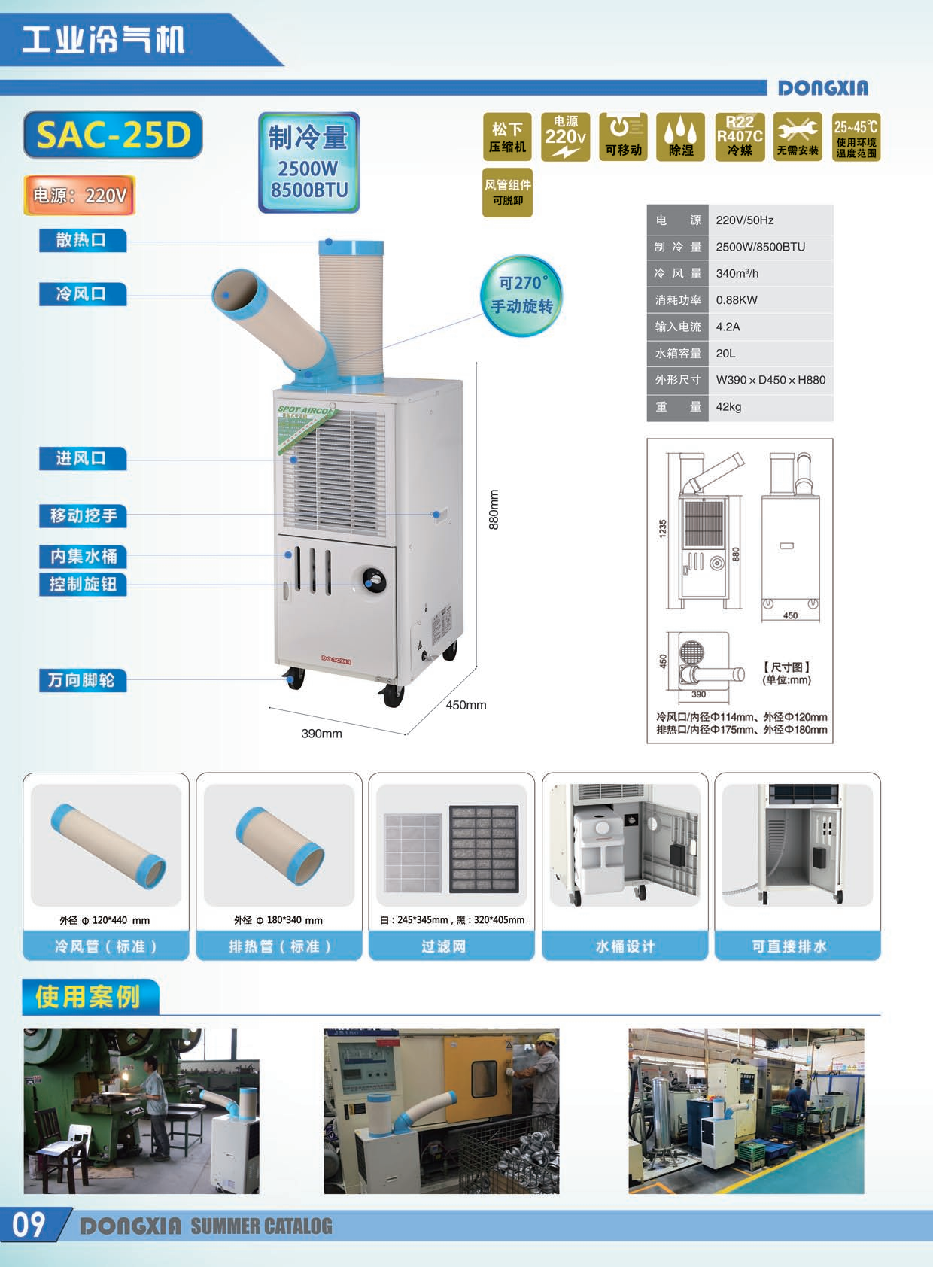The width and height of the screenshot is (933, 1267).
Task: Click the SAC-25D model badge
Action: (113, 135)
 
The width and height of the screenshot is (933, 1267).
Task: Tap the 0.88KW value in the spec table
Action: (737, 300)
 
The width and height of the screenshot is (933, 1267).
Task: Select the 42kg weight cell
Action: (728, 407)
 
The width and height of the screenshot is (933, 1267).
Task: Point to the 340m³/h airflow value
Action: (737, 274)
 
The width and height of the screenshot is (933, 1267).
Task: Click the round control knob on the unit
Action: (373, 580)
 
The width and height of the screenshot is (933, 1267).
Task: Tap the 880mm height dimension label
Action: (494, 509)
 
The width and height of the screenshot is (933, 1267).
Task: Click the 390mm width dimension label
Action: (321, 734)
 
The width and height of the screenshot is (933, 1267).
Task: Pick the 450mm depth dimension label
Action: (466, 705)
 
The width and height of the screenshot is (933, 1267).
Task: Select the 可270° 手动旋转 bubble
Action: (521, 295)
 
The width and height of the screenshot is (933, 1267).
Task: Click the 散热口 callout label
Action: (82, 241)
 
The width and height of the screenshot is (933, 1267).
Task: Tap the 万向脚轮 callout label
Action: (82, 681)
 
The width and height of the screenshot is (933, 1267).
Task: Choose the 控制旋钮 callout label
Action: (83, 585)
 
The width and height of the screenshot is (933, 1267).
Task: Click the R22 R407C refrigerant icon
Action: (740, 136)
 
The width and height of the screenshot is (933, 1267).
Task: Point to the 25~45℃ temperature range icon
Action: (856, 136)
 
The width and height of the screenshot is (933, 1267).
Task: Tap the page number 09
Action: (29, 1225)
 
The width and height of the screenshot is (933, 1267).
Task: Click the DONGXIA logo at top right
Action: (823, 88)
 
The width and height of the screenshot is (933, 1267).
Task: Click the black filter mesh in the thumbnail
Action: (484, 849)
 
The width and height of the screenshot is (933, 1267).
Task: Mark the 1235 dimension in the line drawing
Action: (663, 528)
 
